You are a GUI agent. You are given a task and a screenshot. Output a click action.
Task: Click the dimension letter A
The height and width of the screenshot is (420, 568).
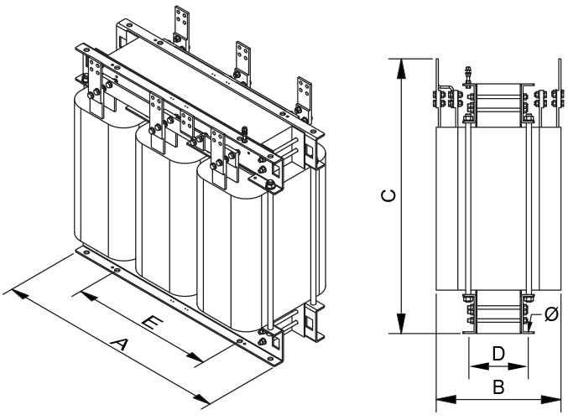point(122,344)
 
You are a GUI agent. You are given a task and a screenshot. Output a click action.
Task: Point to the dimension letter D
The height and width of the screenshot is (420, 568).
point(498,354)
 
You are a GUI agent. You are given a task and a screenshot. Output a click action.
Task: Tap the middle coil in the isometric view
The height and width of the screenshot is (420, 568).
point(165,205)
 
